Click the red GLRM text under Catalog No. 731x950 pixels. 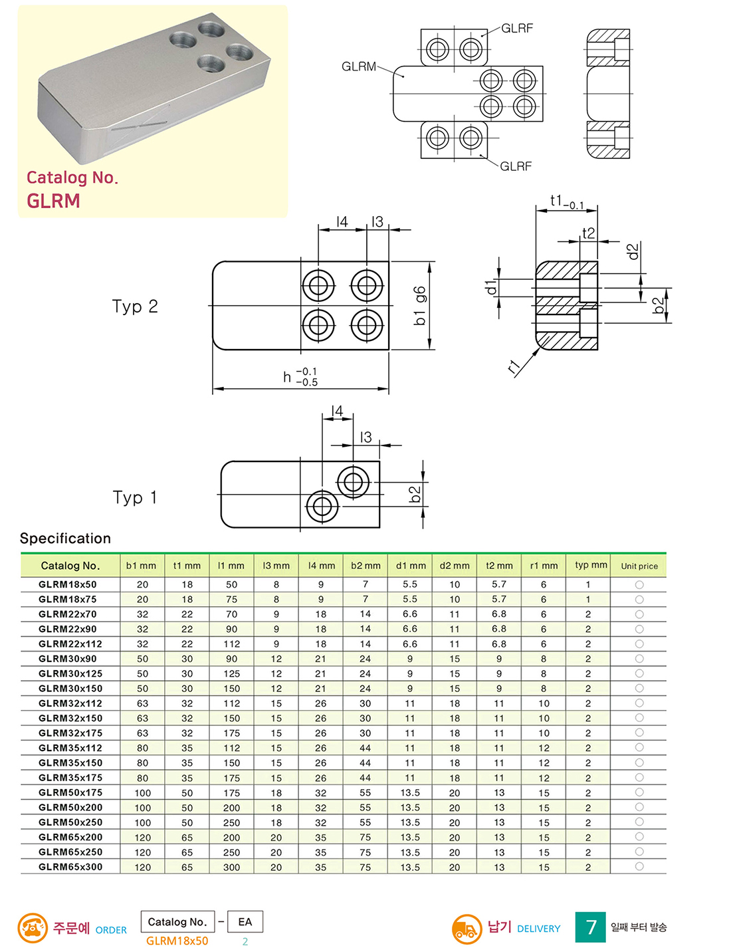coord(53,201)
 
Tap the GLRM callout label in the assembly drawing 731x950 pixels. coord(358,66)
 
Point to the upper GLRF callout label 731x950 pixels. coord(517,29)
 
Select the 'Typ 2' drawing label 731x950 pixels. coord(135,306)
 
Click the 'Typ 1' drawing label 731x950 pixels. coord(135,497)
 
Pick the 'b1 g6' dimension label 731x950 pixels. coord(419,306)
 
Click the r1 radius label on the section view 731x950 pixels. coord(514,367)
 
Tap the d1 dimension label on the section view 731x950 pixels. coord(492,287)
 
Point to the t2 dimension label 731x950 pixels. coord(589,233)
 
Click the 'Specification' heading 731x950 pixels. coord(65,538)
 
